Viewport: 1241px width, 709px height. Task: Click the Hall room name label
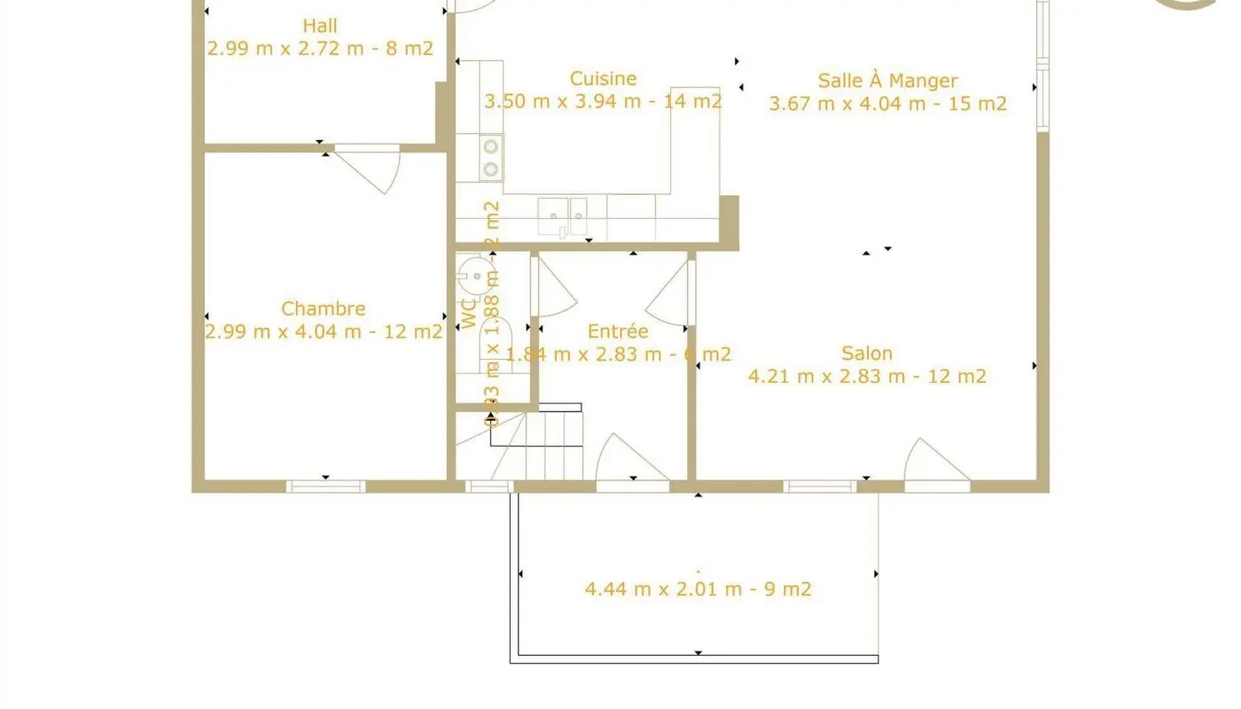pyautogui.click(x=319, y=26)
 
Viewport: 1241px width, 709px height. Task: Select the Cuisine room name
pyautogui.click(x=603, y=79)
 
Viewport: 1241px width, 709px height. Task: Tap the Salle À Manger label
pyautogui.click(x=887, y=81)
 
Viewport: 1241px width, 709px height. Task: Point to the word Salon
pyautogui.click(x=867, y=354)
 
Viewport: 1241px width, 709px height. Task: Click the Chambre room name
pyautogui.click(x=323, y=309)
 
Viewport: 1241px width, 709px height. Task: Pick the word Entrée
pyautogui.click(x=618, y=331)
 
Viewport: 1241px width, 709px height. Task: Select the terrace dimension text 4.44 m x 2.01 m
pyautogui.click(x=698, y=588)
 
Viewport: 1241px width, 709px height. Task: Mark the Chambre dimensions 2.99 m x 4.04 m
pyautogui.click(x=324, y=332)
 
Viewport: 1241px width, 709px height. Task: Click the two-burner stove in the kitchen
pyautogui.click(x=490, y=157)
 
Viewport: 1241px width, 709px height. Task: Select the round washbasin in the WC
pyautogui.click(x=477, y=276)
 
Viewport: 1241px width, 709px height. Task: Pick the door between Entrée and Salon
pyautogui.click(x=672, y=292)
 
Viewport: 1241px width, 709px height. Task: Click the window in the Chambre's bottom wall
pyautogui.click(x=325, y=486)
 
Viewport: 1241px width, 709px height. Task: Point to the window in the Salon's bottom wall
pyautogui.click(x=820, y=486)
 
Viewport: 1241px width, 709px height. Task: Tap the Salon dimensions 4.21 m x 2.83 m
pyautogui.click(x=867, y=377)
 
